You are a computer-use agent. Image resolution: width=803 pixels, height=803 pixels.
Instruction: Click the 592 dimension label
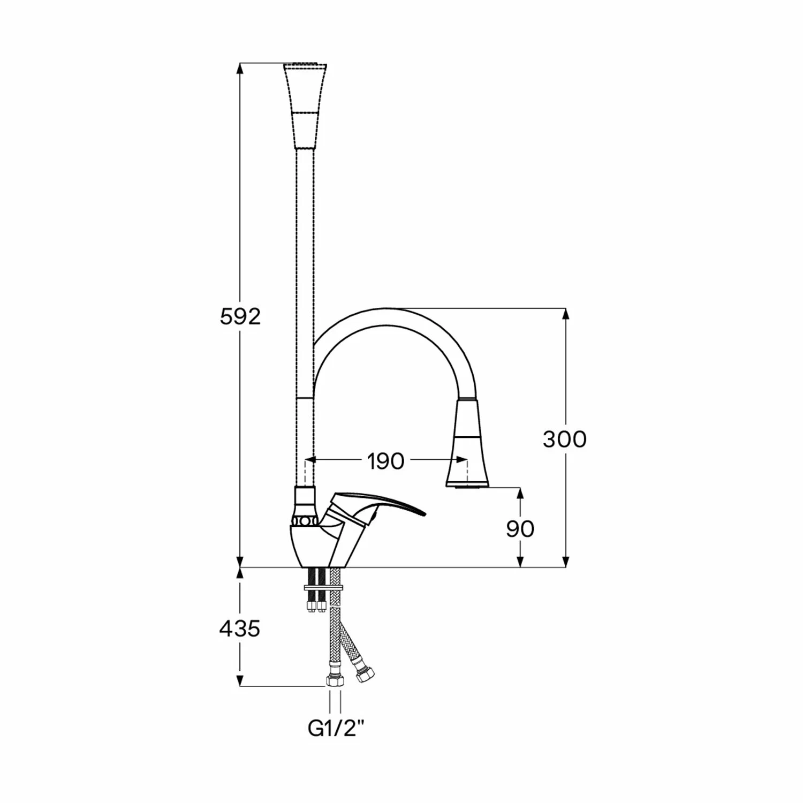[240, 317]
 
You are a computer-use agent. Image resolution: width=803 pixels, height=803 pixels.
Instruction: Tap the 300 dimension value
[565, 439]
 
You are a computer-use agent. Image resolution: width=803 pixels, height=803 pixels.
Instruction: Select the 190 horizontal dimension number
[385, 461]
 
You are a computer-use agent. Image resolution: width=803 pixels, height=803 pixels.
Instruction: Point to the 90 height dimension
[520, 529]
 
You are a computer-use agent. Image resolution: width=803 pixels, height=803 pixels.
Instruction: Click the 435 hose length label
[240, 628]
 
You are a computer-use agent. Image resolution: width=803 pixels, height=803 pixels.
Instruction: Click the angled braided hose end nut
[365, 674]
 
